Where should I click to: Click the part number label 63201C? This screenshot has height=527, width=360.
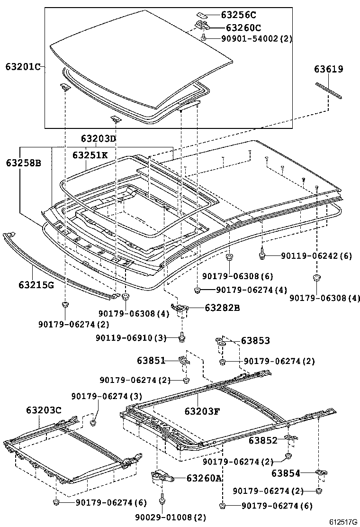coord(23,66)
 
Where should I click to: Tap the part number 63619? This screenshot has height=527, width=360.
coord(328,69)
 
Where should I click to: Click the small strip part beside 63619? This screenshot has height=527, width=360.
coord(329,91)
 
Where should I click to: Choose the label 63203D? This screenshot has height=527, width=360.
coord(98,139)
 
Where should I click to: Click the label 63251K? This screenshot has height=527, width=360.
coord(90,155)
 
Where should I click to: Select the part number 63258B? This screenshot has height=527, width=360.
coord(23,163)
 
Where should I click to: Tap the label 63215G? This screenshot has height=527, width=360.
coord(36,284)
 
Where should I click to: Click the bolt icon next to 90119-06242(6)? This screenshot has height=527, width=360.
coord(261,256)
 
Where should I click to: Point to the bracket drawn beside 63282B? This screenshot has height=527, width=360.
coord(180,309)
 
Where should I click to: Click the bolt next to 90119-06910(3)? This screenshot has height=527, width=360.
coord(183,337)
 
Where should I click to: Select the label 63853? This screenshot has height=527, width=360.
coord(255,340)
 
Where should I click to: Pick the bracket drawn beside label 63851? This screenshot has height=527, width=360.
coord(184,361)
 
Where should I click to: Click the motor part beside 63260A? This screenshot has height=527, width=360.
coord(158,476)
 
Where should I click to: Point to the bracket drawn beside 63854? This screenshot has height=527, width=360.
coord(322,473)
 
